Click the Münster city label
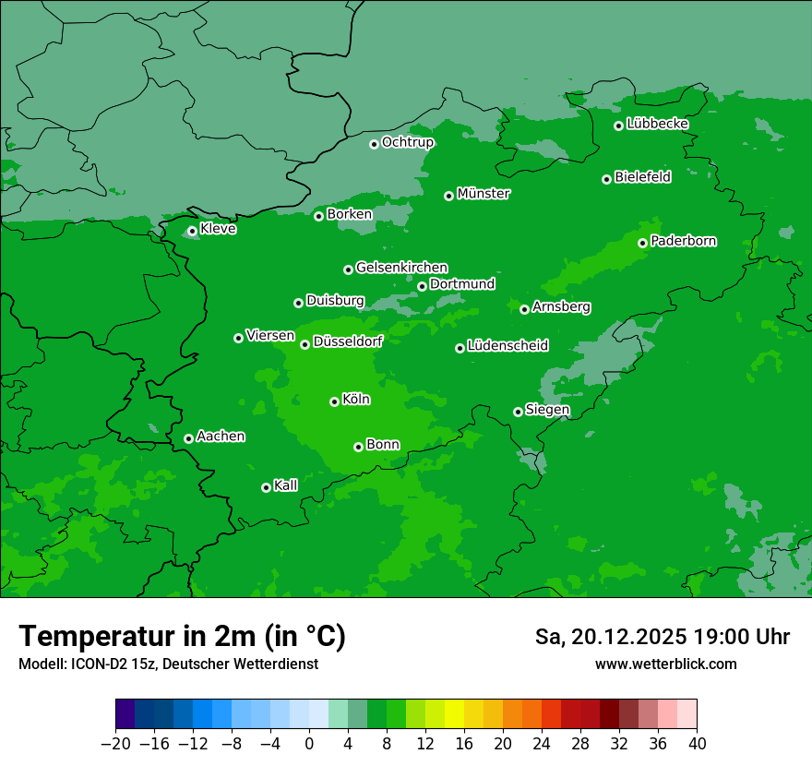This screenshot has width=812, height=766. pyautogui.click(x=484, y=194)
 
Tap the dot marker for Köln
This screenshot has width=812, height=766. pyautogui.click(x=334, y=401)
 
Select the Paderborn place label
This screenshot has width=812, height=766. pyautogui.click(x=683, y=241)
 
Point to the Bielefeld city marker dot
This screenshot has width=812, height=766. pyautogui.click(x=606, y=179)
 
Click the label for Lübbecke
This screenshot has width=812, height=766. pyautogui.click(x=657, y=124)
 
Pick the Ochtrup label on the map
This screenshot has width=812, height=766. pyautogui.click(x=407, y=142)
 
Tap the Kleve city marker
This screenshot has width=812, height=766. pyautogui.click(x=192, y=231)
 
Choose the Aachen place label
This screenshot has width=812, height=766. pyautogui.click(x=221, y=437)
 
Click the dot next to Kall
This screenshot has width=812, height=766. pyautogui.click(x=266, y=487)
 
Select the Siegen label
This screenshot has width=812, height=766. pyautogui.click(x=547, y=410)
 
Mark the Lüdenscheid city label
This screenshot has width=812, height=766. pyautogui.click(x=507, y=346)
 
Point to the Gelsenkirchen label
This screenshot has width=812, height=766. pyautogui.click(x=401, y=268)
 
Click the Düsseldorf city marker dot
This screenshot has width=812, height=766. pyautogui.click(x=304, y=344)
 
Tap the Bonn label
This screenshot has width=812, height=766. pyautogui.click(x=383, y=445)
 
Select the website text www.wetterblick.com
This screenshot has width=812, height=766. pyautogui.click(x=665, y=664)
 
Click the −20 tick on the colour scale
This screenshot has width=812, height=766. pyautogui.click(x=116, y=744)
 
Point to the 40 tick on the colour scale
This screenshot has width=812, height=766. pyautogui.click(x=697, y=744)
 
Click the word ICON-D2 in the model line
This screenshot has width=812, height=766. pyautogui.click(x=86, y=664)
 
